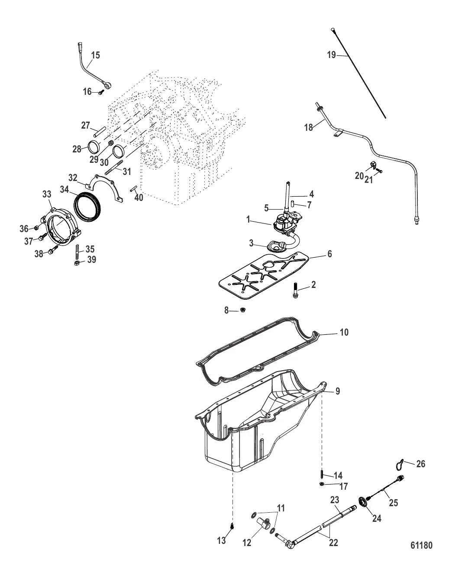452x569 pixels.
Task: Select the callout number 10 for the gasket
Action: (x=344, y=333)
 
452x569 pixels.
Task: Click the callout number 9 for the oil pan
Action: (x=337, y=391)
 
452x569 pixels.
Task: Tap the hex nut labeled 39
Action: (x=77, y=263)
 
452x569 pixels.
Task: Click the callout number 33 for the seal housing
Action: (x=46, y=195)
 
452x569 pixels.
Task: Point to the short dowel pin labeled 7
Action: (x=292, y=203)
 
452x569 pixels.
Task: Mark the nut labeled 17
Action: (x=322, y=483)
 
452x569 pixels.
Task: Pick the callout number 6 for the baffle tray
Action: (x=329, y=254)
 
